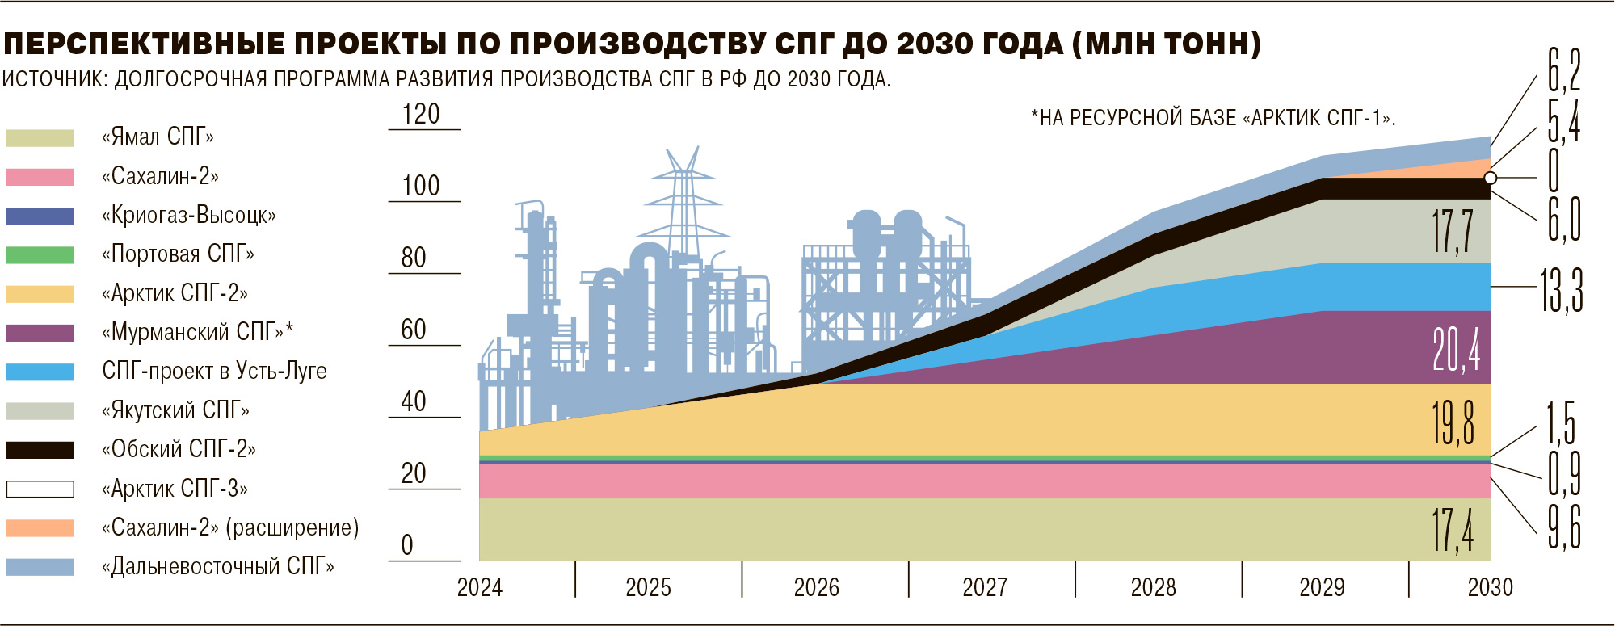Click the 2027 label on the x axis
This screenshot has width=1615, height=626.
(x=985, y=587)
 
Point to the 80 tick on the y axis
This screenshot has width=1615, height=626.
(x=414, y=258)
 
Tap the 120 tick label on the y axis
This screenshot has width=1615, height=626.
(x=421, y=115)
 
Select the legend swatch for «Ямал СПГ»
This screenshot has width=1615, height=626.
(x=40, y=138)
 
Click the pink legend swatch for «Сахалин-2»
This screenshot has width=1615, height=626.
(x=40, y=177)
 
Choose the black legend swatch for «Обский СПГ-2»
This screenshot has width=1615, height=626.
(x=40, y=450)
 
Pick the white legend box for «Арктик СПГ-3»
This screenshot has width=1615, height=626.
(x=40, y=489)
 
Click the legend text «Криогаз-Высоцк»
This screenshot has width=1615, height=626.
(x=189, y=216)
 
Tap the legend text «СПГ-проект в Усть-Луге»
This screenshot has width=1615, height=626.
(x=214, y=372)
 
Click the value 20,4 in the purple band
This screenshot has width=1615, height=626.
(x=1456, y=351)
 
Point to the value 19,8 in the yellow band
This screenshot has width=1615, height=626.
(x=1453, y=422)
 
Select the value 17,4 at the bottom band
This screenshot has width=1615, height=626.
(x=1453, y=531)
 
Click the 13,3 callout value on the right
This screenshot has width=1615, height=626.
(x=1561, y=290)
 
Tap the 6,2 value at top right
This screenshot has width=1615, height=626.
(x=1564, y=71)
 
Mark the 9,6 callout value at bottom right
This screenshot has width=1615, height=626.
(x=1564, y=527)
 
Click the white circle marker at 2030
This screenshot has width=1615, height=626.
(x=1491, y=178)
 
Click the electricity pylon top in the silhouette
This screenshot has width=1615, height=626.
(x=683, y=162)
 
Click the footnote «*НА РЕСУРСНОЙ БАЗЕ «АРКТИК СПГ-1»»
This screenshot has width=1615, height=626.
(x=1213, y=119)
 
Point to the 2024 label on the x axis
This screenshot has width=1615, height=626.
(x=480, y=587)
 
